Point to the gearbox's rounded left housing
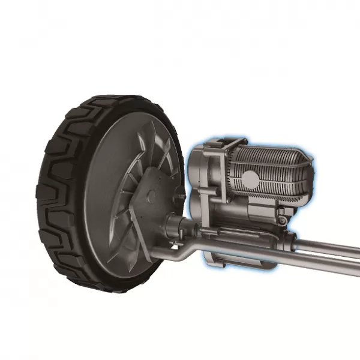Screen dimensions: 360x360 201,180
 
